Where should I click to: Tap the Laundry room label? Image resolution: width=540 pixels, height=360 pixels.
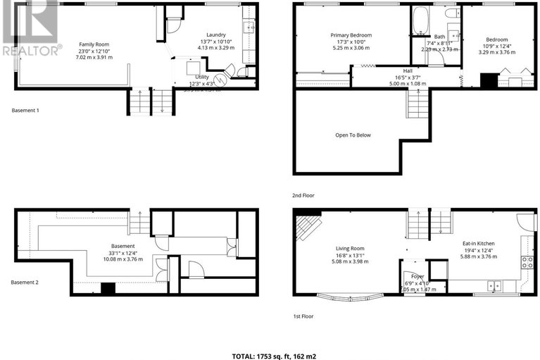click(x=216, y=35)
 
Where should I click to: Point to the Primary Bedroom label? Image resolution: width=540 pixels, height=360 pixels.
click(x=351, y=35)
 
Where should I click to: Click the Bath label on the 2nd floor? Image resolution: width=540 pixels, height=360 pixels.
click(x=439, y=37)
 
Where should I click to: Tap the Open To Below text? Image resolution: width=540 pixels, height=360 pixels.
click(x=353, y=135)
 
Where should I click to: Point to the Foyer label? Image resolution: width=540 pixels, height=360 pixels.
click(x=417, y=277)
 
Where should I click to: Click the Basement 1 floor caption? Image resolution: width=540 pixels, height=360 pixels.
click(x=26, y=111)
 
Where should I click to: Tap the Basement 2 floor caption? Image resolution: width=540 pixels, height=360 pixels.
click(x=26, y=283)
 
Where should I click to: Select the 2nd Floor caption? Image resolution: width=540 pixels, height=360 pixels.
click(x=305, y=196)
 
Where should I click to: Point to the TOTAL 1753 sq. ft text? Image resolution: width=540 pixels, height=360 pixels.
click(x=270, y=347)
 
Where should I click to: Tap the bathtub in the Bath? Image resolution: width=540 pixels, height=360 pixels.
click(x=420, y=21)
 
